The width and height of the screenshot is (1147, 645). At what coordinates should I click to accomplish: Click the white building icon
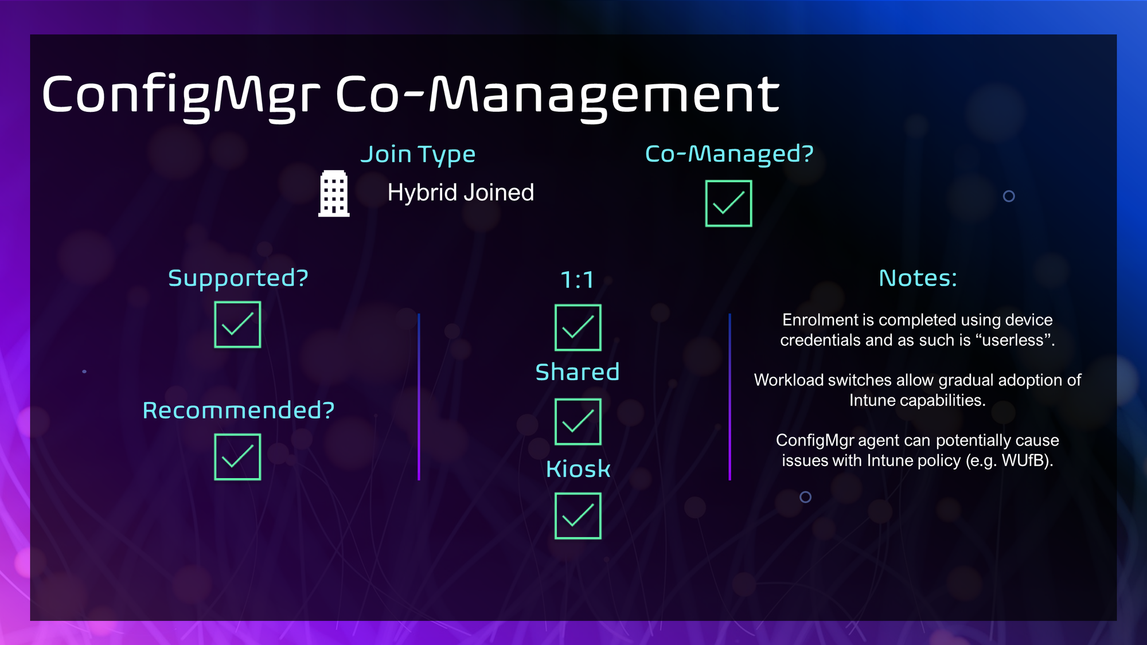coord(334,194)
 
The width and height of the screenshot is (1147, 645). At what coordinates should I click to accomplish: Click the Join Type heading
coord(418,155)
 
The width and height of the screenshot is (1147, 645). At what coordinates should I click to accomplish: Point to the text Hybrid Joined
coord(461,193)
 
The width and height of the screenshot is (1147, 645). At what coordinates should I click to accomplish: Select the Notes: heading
coord(918,278)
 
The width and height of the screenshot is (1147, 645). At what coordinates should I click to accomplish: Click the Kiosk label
coord(578,469)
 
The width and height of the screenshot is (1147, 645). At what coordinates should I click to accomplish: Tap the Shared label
coord(578,372)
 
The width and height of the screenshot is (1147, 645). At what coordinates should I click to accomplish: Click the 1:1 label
coord(577,280)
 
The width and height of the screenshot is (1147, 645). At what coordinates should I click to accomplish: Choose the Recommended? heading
coord(238,411)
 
